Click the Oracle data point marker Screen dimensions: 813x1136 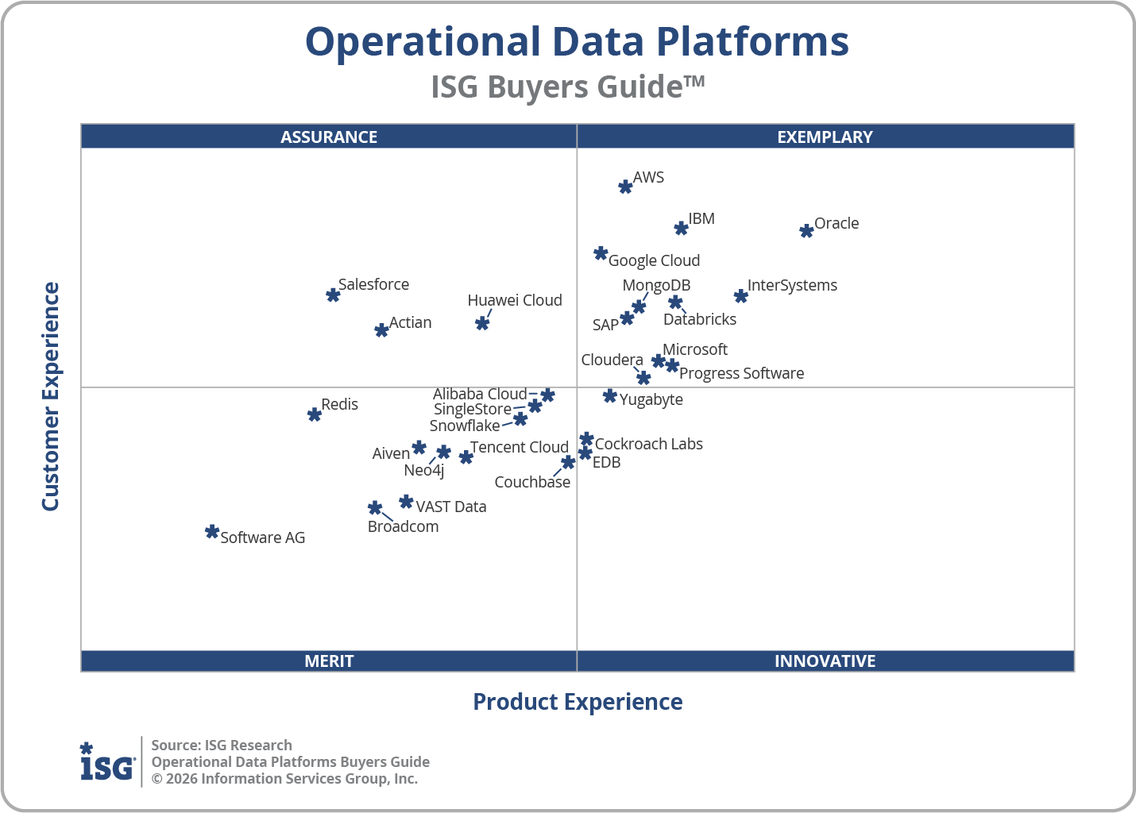806,231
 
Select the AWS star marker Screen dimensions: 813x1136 625,187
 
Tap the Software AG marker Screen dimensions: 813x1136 212,532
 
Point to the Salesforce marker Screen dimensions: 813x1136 333,295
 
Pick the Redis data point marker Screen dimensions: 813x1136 315,414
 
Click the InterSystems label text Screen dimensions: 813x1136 792,285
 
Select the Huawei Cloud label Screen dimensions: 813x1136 515,300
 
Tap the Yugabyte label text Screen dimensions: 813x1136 651,399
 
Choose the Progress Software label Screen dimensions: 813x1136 741,373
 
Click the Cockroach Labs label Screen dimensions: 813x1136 648,444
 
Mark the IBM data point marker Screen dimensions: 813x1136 681,229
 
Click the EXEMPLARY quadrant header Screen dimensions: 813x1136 825,137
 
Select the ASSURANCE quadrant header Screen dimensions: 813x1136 329,137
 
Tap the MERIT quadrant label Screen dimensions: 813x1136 329,661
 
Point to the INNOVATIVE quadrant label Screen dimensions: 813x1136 825,661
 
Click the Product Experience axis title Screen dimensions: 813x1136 578,702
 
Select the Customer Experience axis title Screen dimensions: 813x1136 51,397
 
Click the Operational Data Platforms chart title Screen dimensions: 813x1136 577,41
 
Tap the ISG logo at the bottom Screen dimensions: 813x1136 107,762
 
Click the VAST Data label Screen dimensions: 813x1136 450,507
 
